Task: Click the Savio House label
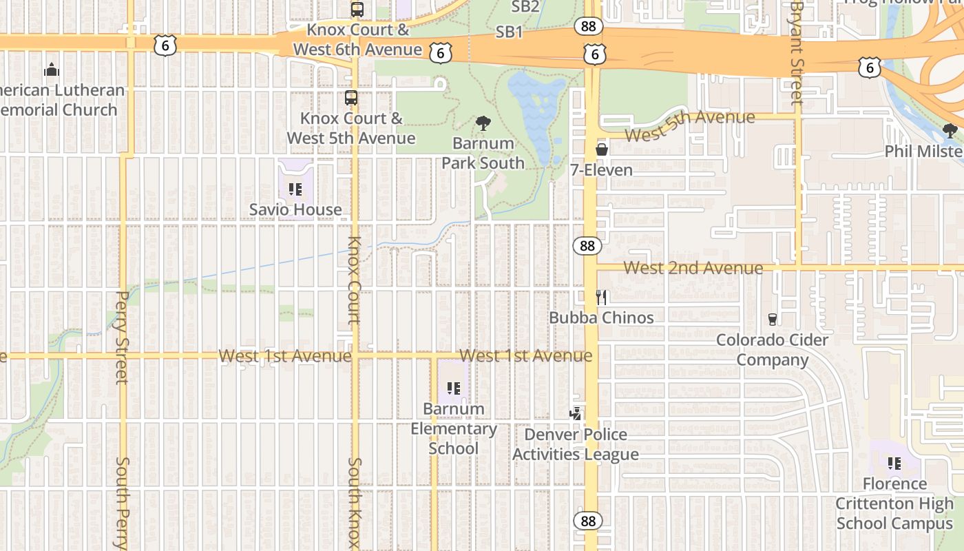[x=295, y=209]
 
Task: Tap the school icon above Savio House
[x=295, y=189]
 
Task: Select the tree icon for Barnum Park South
[x=483, y=124]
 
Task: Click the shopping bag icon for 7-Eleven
[x=602, y=149]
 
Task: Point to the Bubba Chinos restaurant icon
[x=602, y=297]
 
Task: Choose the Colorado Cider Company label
[x=772, y=350]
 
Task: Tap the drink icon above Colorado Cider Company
[x=772, y=320]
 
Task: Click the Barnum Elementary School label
[x=454, y=428]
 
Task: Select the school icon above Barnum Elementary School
[x=453, y=388]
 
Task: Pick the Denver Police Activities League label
[x=576, y=444]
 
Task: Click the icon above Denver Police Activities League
[x=576, y=414]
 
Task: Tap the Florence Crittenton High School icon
[x=894, y=464]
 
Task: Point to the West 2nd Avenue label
[x=693, y=267]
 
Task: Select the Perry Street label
[x=122, y=337]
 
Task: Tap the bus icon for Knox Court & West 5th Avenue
[x=351, y=98]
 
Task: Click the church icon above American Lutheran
[x=52, y=70]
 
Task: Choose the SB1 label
[x=510, y=32]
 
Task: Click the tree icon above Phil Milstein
[x=950, y=130]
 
